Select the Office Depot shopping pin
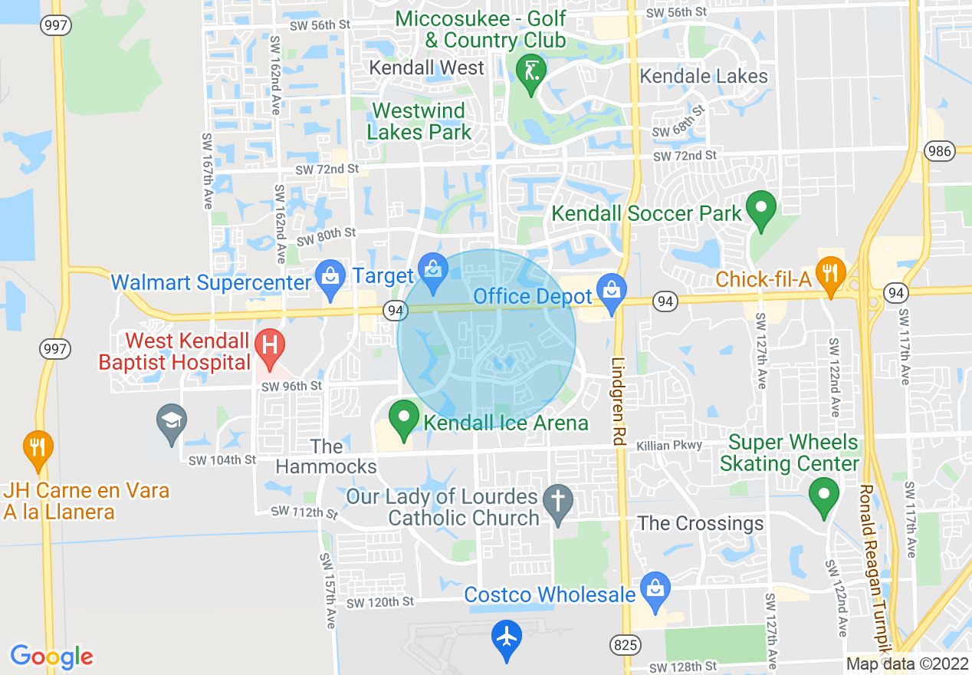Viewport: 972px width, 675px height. (612, 293)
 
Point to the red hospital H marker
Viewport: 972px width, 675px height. (269, 346)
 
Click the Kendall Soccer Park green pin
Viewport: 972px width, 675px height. (761, 209)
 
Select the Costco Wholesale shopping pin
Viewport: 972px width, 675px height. (655, 591)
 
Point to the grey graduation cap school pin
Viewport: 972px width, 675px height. (171, 421)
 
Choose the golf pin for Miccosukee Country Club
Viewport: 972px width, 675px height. (530, 72)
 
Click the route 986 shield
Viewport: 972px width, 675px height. (939, 150)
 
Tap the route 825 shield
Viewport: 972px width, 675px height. (626, 645)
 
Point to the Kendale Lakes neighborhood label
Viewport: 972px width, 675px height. (703, 76)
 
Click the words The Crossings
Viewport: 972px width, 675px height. (701, 523)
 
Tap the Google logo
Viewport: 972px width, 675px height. (51, 657)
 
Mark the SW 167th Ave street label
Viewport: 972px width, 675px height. (207, 170)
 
